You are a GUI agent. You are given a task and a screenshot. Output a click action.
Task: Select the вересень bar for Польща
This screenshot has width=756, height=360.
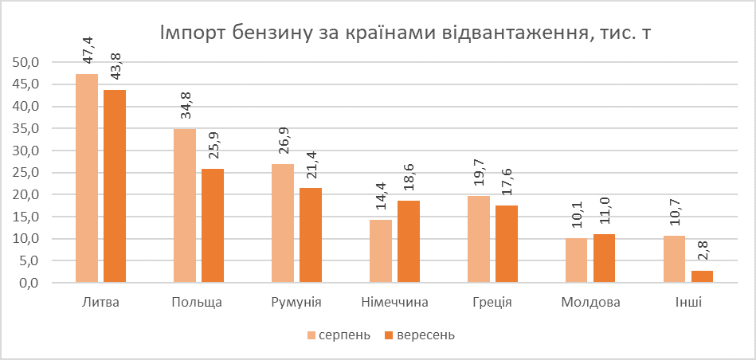213,225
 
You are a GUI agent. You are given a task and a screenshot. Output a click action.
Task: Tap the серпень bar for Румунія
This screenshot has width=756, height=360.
283,223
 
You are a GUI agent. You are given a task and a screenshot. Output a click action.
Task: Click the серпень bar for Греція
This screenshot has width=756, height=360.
479,239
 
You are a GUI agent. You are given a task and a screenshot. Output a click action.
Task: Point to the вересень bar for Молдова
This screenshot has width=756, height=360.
604,258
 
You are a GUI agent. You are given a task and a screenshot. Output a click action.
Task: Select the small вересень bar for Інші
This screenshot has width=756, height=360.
702,276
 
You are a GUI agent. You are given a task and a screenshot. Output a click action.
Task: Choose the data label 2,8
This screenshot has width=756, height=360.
703,249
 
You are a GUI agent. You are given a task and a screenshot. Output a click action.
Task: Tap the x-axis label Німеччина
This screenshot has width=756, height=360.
394,303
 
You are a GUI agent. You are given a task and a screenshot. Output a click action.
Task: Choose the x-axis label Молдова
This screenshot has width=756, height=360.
590,303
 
